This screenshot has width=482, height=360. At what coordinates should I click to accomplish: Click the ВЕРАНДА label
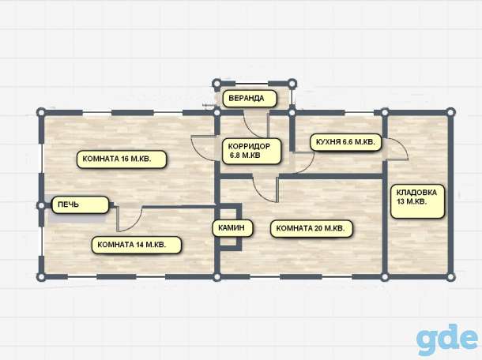(250, 99)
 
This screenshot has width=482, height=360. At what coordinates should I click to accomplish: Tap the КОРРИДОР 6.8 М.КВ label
(251, 151)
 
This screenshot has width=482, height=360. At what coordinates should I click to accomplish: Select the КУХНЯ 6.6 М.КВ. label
(345, 142)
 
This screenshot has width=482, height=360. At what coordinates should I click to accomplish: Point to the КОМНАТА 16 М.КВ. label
(122, 159)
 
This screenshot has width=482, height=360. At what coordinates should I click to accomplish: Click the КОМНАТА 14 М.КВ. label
(136, 245)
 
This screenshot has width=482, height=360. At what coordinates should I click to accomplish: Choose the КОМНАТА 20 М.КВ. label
(311, 228)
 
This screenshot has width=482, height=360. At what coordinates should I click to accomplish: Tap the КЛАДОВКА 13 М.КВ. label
(417, 201)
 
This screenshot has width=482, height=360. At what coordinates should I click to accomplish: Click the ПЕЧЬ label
(81, 204)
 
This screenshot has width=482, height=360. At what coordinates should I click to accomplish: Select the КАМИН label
(232, 228)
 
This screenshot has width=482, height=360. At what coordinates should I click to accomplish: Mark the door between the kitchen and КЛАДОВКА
(396, 149)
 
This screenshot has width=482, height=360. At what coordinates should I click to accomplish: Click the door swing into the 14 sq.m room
(129, 219)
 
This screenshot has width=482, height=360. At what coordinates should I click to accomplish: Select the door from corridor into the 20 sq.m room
(265, 189)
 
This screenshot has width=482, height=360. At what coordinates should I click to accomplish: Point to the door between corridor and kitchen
(303, 162)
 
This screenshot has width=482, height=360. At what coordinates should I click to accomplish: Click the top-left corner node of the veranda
(217, 84)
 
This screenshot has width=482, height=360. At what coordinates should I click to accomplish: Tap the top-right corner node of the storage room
(450, 112)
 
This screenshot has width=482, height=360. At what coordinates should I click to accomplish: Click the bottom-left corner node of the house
(41, 277)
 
